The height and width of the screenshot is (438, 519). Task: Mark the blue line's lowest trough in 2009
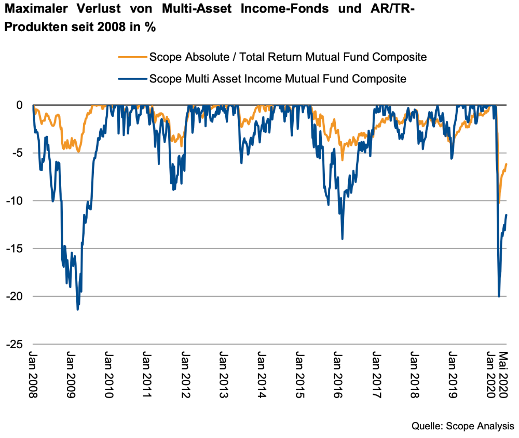click(78, 310)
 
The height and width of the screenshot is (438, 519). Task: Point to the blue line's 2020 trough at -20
click(499, 296)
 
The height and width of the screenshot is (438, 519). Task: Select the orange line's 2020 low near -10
click(499, 203)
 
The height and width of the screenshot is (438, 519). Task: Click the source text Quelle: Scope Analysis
click(463, 426)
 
